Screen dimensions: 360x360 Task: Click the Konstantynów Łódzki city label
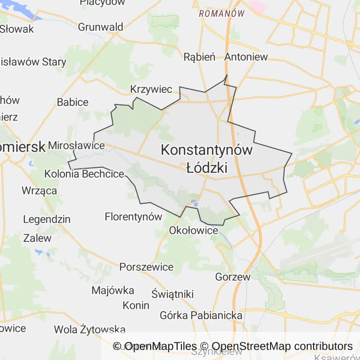coord(207,158)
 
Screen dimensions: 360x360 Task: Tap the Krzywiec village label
coord(151,89)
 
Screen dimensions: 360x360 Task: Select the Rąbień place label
coord(199,57)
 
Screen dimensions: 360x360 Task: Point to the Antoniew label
coord(246,57)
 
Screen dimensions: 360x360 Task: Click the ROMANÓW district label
coord(222,14)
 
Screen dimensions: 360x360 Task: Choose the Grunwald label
coord(100,27)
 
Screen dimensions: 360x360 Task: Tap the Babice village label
coord(73,102)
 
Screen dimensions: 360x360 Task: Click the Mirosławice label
coord(76,145)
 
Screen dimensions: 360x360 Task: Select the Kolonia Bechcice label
coord(84,174)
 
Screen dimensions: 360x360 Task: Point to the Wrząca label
coord(39,190)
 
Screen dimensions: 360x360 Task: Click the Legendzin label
coord(46,219)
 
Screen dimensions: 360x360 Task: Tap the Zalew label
coord(37,238)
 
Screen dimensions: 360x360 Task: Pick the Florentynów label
coord(134,217)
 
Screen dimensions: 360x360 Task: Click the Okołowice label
coord(194,230)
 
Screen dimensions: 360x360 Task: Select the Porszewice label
coord(146,267)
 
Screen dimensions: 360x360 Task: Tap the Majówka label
coord(112,290)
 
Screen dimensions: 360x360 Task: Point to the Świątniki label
coord(172,294)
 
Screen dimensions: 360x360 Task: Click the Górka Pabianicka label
coord(201,315)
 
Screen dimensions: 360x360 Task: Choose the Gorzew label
coord(233,277)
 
